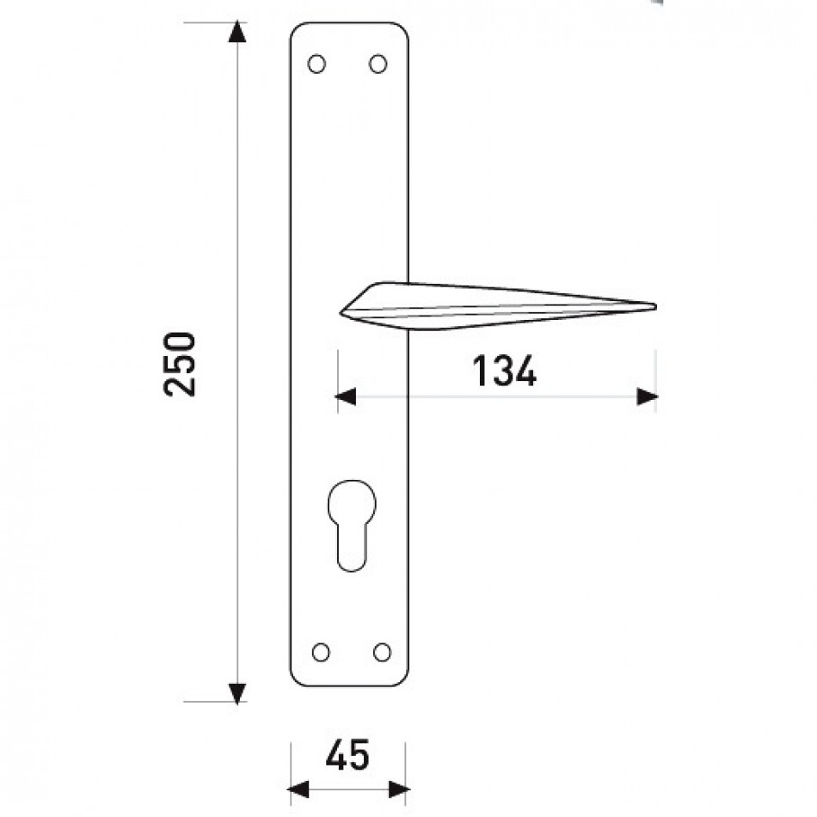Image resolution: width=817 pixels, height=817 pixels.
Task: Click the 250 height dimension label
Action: point(180,365)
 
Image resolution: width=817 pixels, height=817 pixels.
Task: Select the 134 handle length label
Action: point(504,371)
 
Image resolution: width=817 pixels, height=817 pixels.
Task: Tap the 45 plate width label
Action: point(347,755)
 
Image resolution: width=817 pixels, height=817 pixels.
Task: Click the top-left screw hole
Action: point(316,64)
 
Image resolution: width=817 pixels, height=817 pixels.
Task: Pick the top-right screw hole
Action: point(378,64)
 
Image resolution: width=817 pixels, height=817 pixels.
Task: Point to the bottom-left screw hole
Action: point(321,653)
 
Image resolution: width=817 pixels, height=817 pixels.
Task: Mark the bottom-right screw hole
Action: point(382,653)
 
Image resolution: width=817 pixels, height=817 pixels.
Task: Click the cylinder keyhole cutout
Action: point(352,525)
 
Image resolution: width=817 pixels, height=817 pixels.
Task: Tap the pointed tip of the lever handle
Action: point(655,306)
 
